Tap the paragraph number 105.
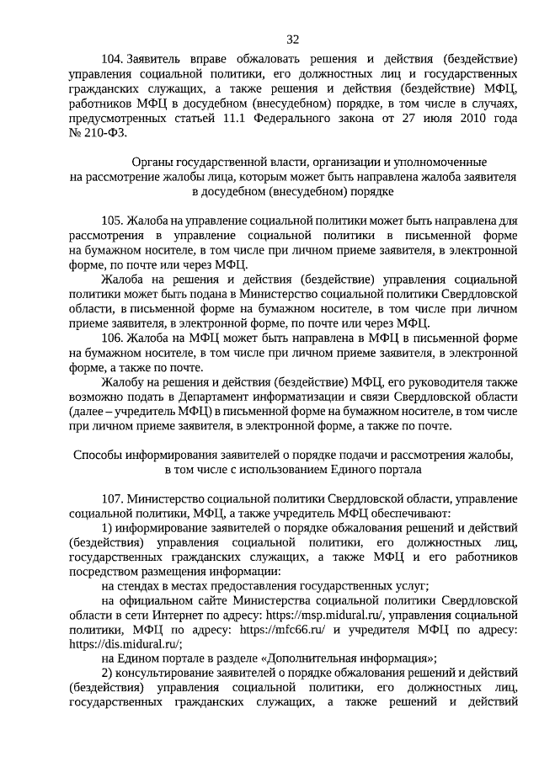pyautogui.click(x=111, y=221)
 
